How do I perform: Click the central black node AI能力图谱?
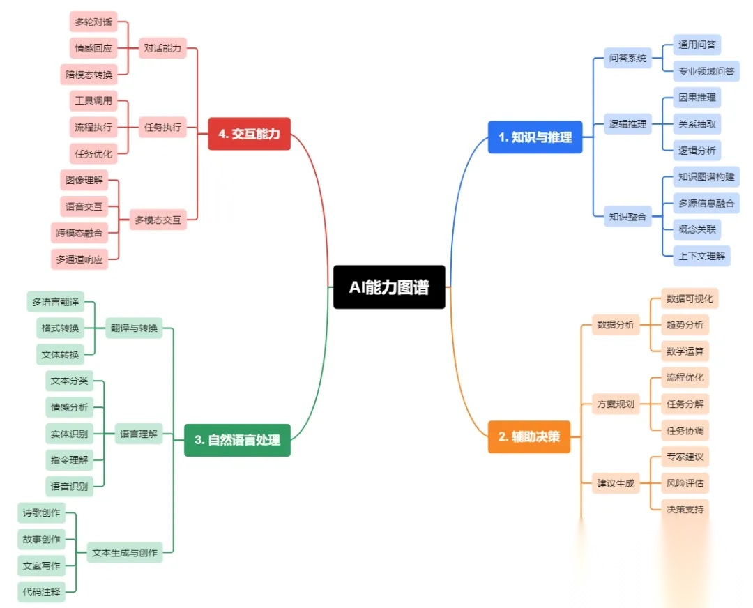(389, 287)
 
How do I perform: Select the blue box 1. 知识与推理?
(535, 137)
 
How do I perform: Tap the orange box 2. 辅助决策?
(529, 437)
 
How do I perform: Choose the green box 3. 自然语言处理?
(237, 440)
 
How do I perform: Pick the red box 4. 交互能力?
(249, 134)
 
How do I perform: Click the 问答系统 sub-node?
(627, 58)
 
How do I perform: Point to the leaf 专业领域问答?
(706, 70)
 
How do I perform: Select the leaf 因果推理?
(697, 97)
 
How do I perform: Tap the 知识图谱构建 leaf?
(706, 176)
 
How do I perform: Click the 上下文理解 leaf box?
(701, 256)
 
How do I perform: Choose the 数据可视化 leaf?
(690, 298)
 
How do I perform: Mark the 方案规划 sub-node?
(616, 404)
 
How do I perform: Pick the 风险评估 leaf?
(685, 482)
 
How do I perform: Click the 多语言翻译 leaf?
(55, 302)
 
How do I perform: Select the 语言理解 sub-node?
(139, 434)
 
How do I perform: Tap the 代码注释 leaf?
(42, 593)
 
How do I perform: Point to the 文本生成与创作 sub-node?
(125, 553)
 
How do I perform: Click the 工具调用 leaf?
(93, 100)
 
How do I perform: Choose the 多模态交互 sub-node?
(158, 220)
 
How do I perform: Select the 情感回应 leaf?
(93, 48)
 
